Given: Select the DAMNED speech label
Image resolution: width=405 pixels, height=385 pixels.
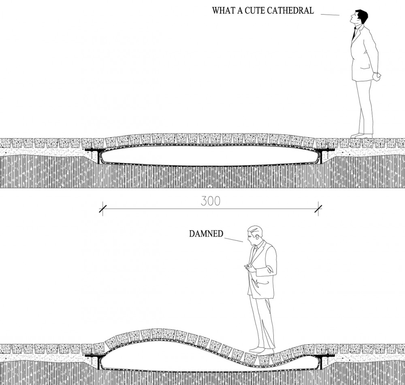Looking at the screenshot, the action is (x=206, y=234).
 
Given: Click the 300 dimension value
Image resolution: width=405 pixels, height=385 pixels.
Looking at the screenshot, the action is (x=211, y=201).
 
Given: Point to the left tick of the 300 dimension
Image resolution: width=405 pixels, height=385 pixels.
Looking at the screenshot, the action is (x=103, y=209).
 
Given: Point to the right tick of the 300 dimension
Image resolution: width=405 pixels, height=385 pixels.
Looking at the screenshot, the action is (x=318, y=209).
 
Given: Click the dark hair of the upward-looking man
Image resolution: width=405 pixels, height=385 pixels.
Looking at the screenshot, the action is (x=362, y=15).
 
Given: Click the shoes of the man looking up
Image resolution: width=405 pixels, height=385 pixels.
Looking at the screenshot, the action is (x=362, y=135).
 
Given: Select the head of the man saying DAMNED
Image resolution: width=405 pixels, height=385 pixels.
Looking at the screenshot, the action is (x=255, y=235).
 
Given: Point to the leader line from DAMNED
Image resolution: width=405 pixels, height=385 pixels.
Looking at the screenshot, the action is (x=234, y=239).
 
